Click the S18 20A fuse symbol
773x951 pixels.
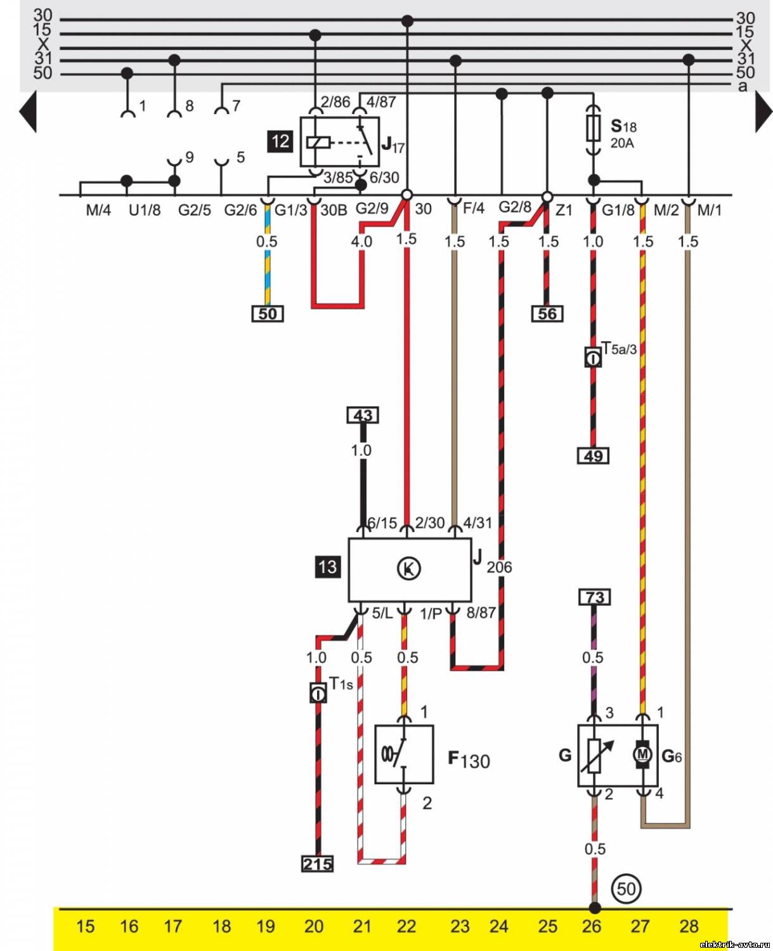click(594, 131)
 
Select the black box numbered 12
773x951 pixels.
click(281, 141)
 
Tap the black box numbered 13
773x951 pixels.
click(327, 566)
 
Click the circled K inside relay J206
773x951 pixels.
click(408, 569)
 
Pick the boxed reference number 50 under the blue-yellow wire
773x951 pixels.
click(268, 314)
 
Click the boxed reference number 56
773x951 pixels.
click(547, 314)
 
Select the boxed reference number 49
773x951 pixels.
click(593, 455)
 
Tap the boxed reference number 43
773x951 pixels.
click(363, 415)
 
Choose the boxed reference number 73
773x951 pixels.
click(594, 597)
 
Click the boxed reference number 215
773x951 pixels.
click(317, 864)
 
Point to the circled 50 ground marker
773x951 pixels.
click(626, 888)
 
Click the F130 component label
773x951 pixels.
click(469, 760)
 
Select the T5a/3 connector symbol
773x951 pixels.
click(593, 358)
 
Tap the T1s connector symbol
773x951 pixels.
click(318, 694)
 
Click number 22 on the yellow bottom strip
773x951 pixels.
click(406, 926)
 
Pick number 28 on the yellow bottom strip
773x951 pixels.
click(689, 926)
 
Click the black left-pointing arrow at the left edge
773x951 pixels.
click(29, 112)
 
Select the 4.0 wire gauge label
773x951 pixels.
click(361, 242)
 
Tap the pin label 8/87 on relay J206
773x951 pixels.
click(481, 613)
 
